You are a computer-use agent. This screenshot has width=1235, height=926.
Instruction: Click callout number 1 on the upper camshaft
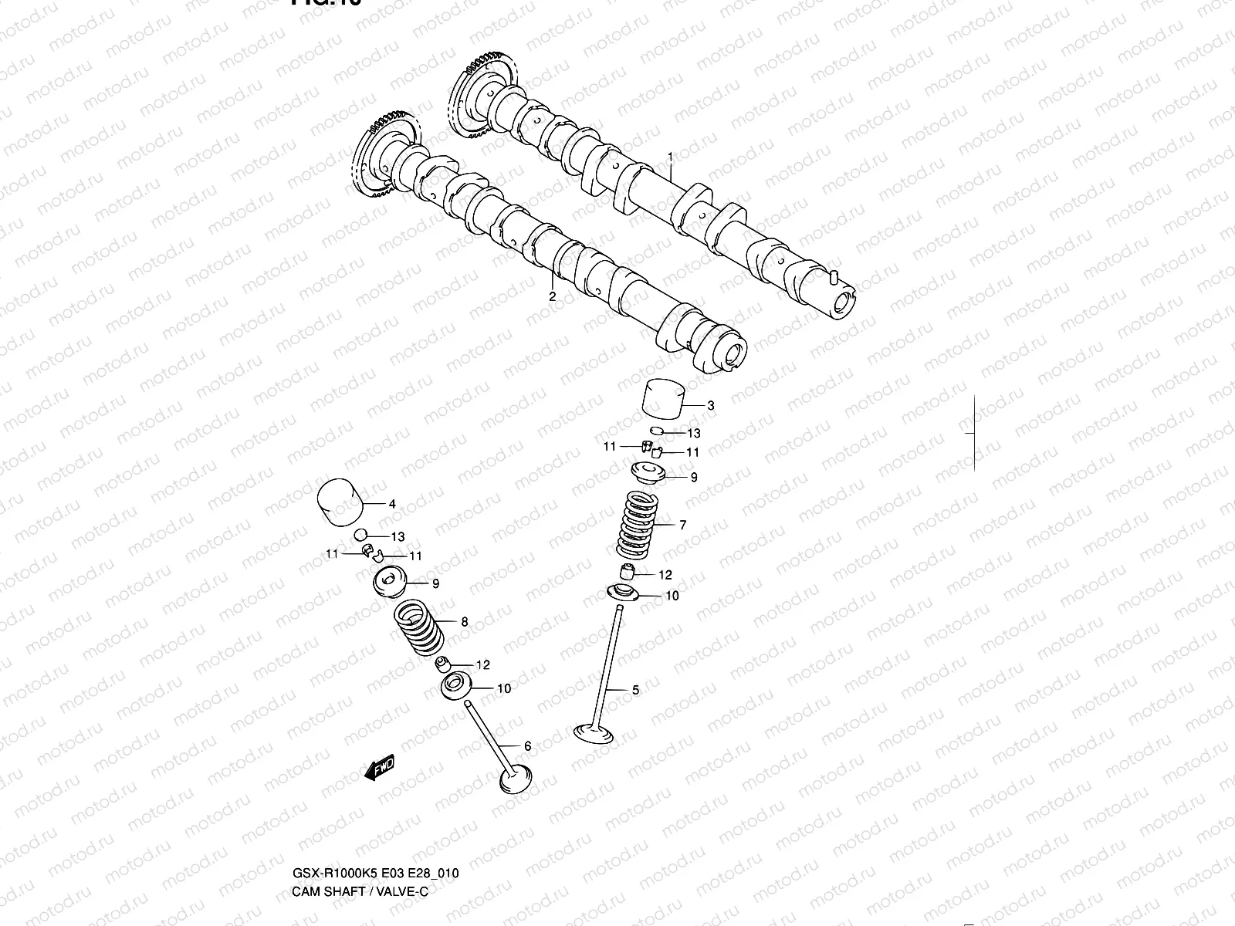(x=670, y=157)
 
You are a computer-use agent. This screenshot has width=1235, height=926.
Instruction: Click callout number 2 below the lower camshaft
(x=552, y=296)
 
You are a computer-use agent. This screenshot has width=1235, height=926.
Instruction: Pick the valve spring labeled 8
(x=418, y=624)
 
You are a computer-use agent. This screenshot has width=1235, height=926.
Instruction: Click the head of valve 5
(x=593, y=732)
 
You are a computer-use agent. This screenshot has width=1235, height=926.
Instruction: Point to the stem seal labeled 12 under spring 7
(x=629, y=573)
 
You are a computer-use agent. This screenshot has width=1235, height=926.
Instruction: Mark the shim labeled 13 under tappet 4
(x=360, y=535)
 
